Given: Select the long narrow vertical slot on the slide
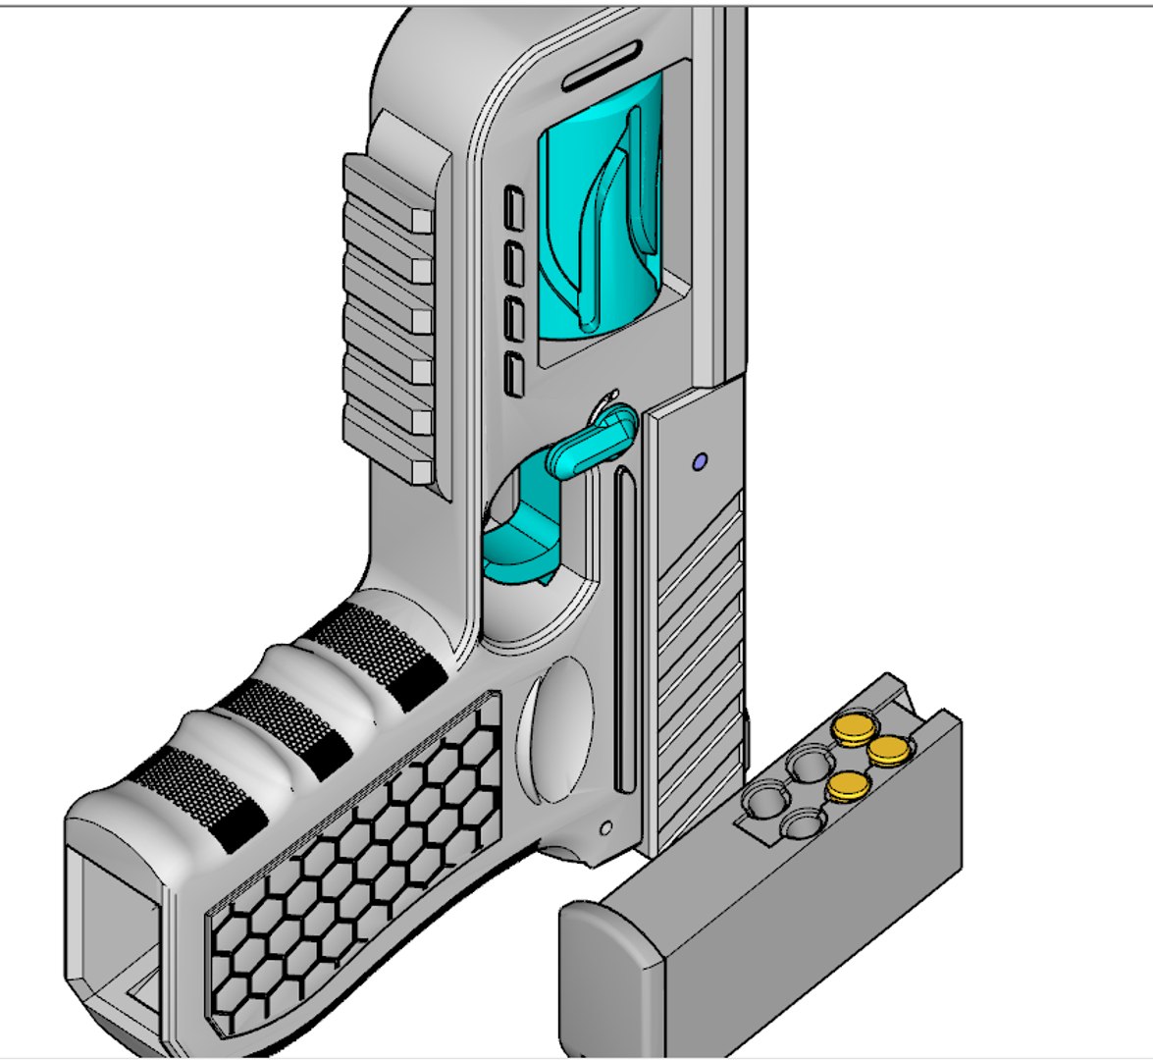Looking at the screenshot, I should point(625,628).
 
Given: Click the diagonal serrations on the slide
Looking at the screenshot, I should point(699,667).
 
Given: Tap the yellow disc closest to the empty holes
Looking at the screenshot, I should point(848,784).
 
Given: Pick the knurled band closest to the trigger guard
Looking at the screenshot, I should point(378,648).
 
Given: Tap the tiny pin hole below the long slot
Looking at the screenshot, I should point(606,825).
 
